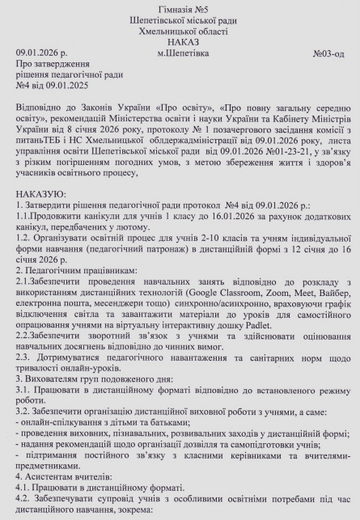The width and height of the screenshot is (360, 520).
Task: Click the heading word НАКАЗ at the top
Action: [180, 41]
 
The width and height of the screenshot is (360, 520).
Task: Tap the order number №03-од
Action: [328, 53]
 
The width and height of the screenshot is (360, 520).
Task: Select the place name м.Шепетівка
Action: [183, 53]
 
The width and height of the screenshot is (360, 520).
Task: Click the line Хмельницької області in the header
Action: [180, 31]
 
